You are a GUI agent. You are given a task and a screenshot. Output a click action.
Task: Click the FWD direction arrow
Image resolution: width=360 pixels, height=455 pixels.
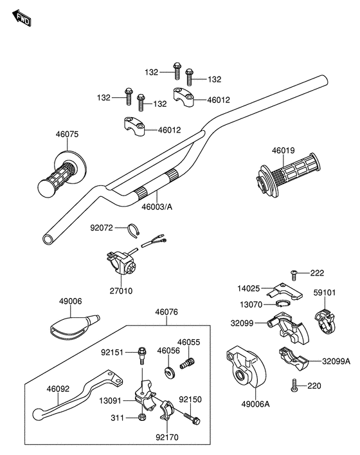22,18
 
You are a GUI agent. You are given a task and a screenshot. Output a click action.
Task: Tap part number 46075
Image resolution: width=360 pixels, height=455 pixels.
67,135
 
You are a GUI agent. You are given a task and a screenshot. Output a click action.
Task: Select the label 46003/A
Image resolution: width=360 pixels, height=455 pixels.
157,207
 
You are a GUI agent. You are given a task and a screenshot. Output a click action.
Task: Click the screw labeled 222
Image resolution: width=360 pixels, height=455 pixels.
294,275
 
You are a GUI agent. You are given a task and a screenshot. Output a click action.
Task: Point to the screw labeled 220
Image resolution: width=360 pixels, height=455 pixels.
294,385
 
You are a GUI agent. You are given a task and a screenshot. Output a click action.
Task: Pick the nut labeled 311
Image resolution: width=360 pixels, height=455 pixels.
141,417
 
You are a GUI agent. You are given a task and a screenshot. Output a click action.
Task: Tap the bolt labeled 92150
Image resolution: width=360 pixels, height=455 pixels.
192,418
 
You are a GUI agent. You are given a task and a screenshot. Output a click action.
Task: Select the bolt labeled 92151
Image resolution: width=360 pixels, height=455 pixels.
142,355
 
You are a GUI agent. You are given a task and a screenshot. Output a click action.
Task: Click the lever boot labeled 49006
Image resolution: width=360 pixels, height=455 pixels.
75,328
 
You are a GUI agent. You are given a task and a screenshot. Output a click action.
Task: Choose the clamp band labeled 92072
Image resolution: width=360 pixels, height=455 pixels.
134,230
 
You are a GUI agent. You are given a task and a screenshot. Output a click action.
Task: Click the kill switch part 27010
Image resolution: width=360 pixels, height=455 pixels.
121,263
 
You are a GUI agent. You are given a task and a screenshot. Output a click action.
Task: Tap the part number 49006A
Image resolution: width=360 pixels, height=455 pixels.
255,404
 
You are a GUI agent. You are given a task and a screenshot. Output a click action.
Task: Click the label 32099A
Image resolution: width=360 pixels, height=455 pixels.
336,361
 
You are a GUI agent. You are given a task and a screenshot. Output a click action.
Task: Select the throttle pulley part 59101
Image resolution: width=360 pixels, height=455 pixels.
325,321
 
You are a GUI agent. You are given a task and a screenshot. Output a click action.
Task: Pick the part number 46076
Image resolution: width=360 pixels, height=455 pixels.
166,312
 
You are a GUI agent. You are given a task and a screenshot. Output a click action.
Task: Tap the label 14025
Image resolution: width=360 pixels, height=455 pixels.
249,288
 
